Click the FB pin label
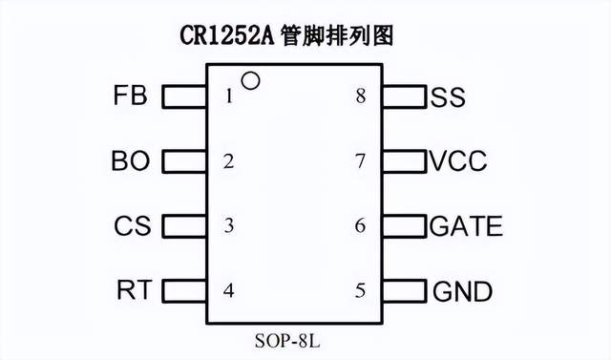[130, 96]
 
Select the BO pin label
[131, 161]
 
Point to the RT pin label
[133, 290]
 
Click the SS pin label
[448, 96]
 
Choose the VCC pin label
[458, 161]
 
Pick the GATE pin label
[466, 226]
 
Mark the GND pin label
[463, 290]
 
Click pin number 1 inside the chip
[228, 96]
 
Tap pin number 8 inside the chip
[360, 96]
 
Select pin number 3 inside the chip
[228, 226]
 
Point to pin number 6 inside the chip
[360, 226]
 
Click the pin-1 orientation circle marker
[250, 81]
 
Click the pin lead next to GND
[404, 290]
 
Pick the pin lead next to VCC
[404, 161]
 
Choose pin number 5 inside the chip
[360, 290]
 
